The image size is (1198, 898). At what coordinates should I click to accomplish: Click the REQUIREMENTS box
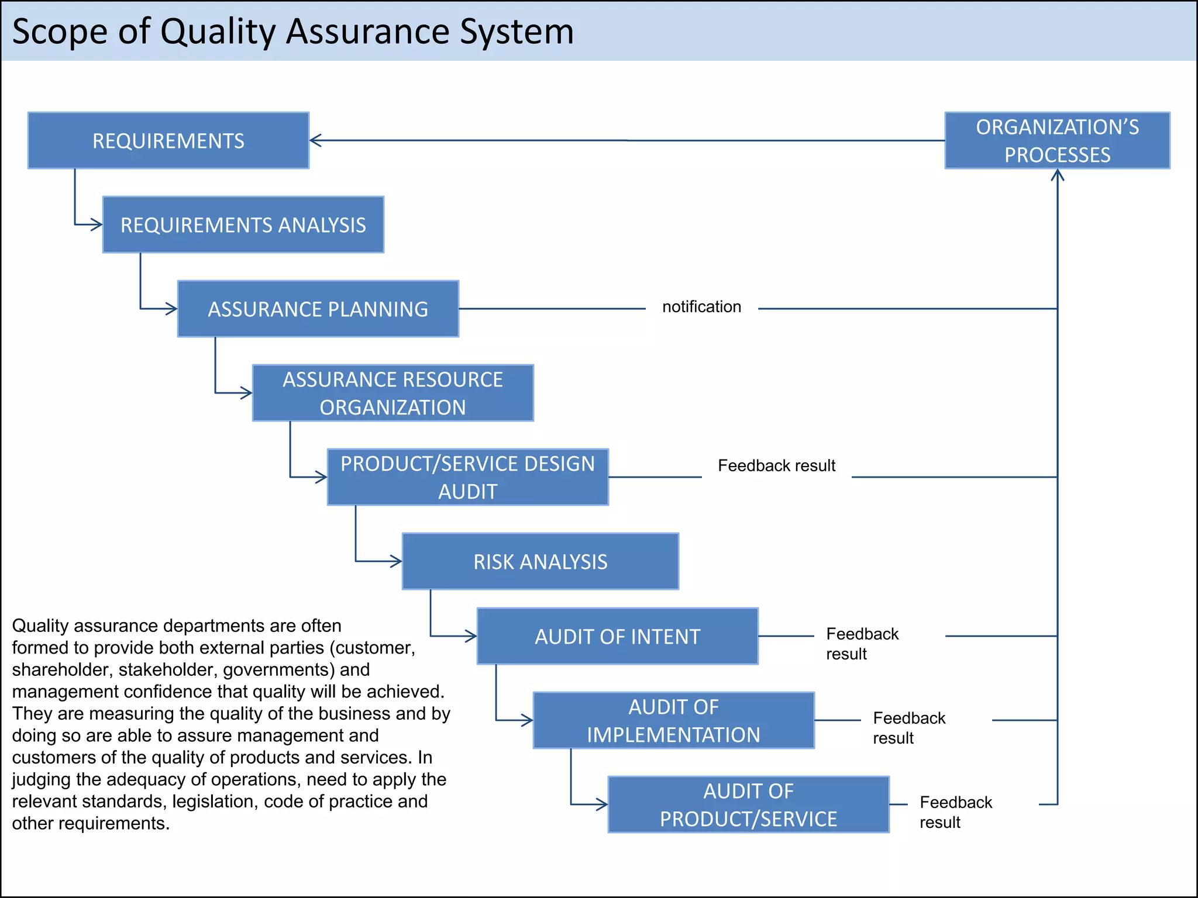tap(168, 140)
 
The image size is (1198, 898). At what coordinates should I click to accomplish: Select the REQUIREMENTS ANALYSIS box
tap(243, 224)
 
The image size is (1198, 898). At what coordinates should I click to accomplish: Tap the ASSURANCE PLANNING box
tap(318, 309)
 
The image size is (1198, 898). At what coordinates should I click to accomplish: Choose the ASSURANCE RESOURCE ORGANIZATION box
tap(393, 393)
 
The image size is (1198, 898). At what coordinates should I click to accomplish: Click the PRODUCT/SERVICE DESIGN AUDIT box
tap(468, 477)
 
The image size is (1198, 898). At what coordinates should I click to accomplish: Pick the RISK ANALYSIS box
tap(541, 561)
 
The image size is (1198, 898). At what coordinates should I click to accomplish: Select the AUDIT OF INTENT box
tap(618, 636)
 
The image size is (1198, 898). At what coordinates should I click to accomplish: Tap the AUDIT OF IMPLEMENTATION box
tap(674, 720)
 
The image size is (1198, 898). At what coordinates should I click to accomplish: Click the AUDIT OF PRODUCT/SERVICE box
tap(749, 804)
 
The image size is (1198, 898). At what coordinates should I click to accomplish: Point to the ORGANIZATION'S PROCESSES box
tap(1058, 140)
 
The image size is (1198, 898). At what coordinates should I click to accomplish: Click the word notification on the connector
tap(701, 307)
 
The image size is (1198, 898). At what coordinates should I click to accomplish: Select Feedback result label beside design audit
tap(776, 466)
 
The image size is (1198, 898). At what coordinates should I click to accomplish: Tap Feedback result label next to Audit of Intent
tap(862, 644)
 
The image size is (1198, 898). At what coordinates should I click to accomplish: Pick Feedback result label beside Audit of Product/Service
tap(955, 812)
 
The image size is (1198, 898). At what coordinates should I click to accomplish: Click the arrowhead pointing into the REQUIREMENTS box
tap(315, 140)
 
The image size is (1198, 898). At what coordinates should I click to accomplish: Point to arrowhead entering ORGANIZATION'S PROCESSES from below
tap(1058, 174)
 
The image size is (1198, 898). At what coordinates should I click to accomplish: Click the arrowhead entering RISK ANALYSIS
tap(397, 561)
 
